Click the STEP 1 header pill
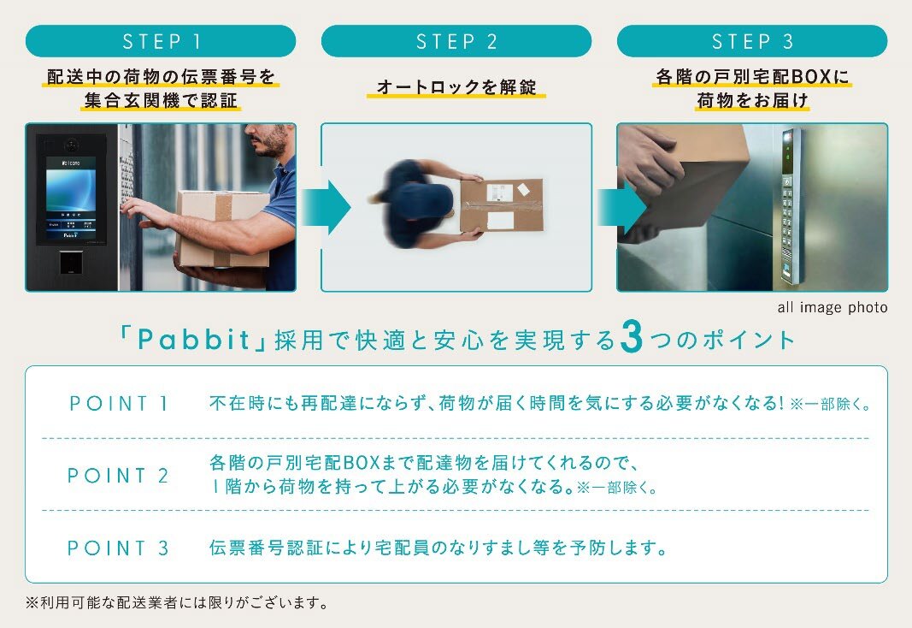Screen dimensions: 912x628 (161, 41)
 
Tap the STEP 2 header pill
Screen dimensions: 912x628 (456, 41)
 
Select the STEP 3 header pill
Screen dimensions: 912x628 (752, 41)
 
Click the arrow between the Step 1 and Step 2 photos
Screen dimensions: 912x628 (327, 207)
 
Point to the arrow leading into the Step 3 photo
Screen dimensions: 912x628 (621, 207)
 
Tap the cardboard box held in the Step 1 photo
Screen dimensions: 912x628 (221, 228)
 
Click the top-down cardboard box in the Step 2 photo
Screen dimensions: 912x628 (501, 204)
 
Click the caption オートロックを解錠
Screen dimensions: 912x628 (456, 86)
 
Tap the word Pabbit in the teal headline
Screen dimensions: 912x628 (194, 340)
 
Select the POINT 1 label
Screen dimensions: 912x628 (119, 403)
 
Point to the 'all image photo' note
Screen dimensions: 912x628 (833, 307)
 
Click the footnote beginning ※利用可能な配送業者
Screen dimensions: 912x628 (178, 602)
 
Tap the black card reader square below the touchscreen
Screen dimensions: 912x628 (70, 263)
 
